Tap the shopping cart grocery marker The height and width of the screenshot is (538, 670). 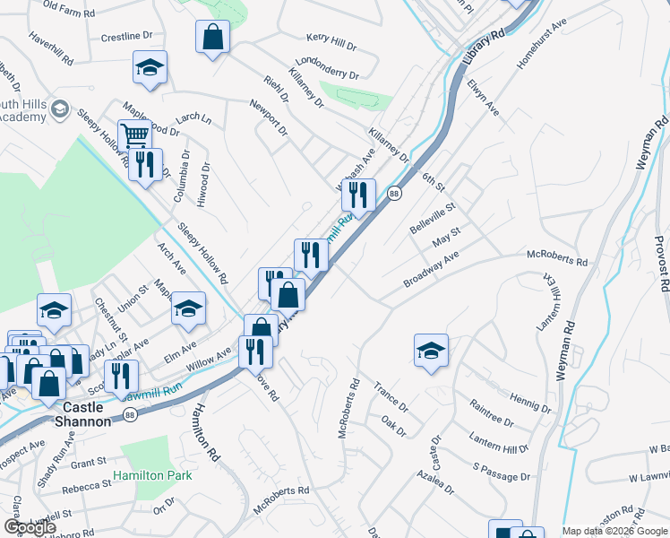pos(134,136)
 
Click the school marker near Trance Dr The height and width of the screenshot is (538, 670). pos(431,351)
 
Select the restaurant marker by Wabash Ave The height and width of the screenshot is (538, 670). pos(357,194)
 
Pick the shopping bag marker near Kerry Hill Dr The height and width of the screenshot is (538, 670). pos(212,38)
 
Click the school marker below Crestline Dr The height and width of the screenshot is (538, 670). pos(150,67)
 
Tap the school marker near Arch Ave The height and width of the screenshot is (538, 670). pos(188,309)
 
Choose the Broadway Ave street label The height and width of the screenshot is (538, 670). pos(431,268)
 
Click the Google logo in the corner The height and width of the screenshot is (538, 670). pos(30,527)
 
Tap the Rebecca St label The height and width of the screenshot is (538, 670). pos(86,490)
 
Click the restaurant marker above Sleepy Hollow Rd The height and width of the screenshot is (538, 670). pos(146,164)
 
